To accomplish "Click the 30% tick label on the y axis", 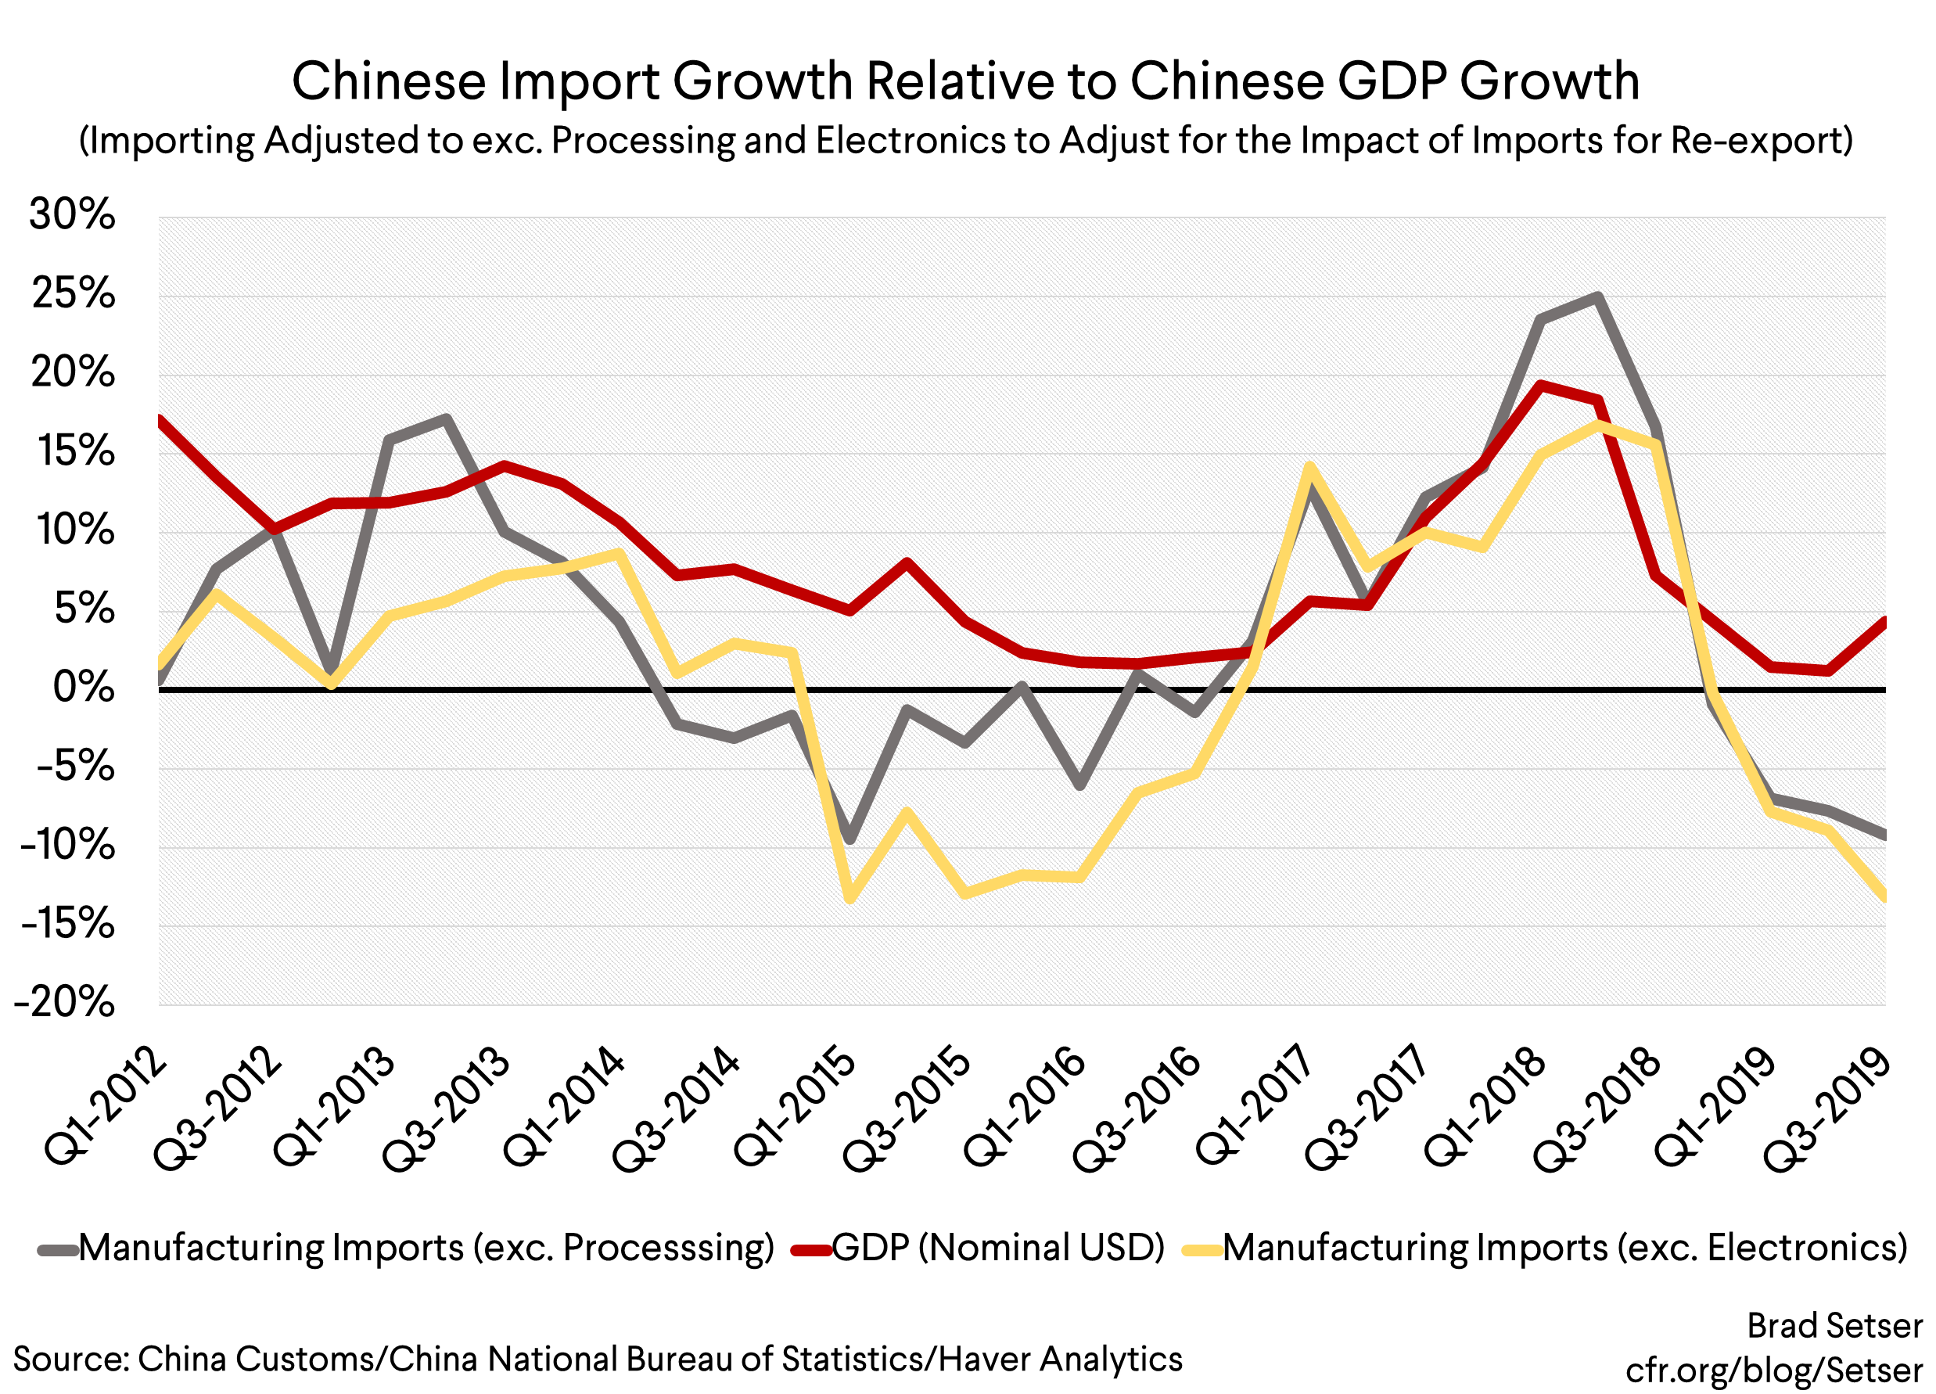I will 72,214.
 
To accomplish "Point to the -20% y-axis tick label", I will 65,1002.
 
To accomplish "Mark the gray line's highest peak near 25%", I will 1597,297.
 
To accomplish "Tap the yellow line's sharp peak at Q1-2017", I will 1309,466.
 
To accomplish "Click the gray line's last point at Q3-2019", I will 1883,835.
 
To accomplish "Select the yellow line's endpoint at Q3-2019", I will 1883,896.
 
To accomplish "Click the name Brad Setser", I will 1834,1327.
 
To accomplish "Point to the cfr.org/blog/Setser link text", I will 1774,1370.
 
